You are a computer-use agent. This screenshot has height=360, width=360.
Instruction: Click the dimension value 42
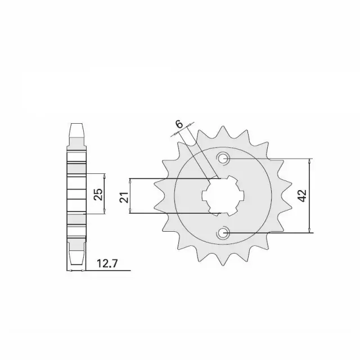click(303, 196)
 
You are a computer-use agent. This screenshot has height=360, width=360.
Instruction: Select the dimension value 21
click(124, 197)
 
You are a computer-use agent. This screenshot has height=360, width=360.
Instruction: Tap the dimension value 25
click(99, 194)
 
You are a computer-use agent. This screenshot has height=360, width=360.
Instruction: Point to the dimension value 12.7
click(107, 264)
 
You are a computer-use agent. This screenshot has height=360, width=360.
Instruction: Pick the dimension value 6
click(179, 124)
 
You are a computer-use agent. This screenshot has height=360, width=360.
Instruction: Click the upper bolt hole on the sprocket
click(223, 158)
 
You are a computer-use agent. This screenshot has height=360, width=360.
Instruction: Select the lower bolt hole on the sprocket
click(222, 233)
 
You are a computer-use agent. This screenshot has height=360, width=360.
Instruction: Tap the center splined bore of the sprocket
click(223, 196)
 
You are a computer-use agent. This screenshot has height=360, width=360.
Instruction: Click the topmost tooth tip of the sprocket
click(223, 126)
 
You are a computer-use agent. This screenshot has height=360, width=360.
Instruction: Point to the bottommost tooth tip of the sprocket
click(223, 265)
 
